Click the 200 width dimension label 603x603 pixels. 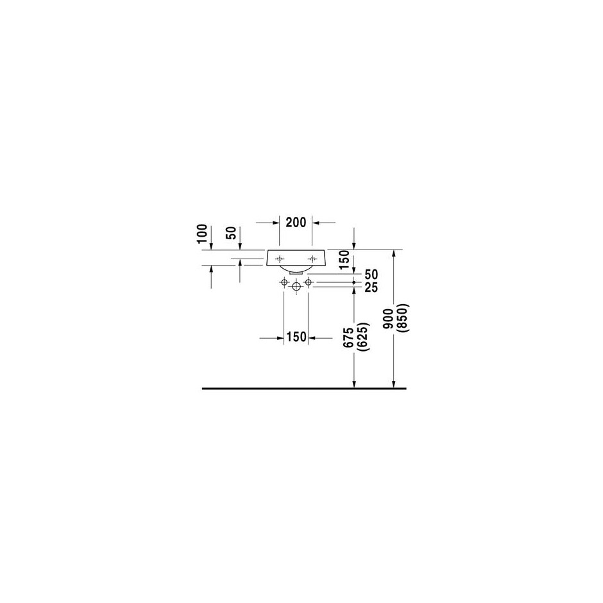coord(296,223)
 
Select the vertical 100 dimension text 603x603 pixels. coord(202,234)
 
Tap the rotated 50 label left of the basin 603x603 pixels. coord(231,233)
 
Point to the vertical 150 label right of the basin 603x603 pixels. coord(345,259)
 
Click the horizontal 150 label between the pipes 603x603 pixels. coord(296,337)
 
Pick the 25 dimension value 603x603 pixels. coord(371,287)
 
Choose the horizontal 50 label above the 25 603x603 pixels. coord(371,274)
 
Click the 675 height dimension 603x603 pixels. coord(349,338)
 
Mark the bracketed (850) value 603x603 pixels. coord(403,318)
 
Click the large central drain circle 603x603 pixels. coord(296,287)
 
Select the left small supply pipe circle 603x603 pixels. coord(284,283)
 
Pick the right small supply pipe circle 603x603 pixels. coord(308,283)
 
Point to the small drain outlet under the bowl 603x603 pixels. coord(296,272)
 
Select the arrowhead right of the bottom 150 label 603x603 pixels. coord(312,338)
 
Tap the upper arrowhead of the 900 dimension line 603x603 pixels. coord(393,253)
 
